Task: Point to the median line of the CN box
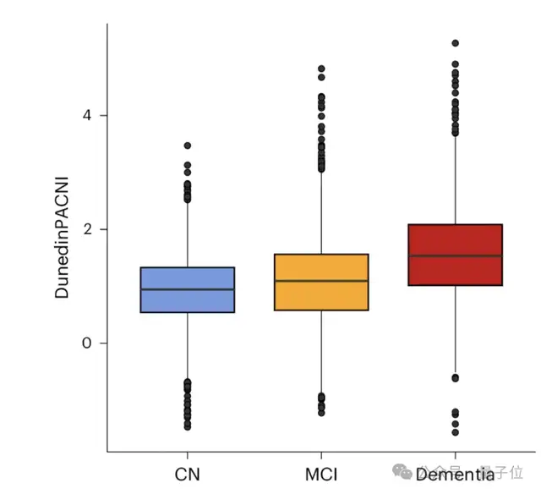pyautogui.click(x=187, y=289)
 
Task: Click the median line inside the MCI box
pyautogui.click(x=321, y=281)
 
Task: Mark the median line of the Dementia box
pyautogui.click(x=455, y=255)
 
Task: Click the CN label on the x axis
pyautogui.click(x=187, y=473)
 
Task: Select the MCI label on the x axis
pyautogui.click(x=321, y=473)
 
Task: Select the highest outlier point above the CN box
pyautogui.click(x=187, y=145)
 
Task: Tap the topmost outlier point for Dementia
pyautogui.click(x=455, y=43)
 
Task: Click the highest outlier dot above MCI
pyautogui.click(x=321, y=69)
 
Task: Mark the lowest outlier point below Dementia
pyautogui.click(x=455, y=432)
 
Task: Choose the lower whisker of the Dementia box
pyautogui.click(x=455, y=330)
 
